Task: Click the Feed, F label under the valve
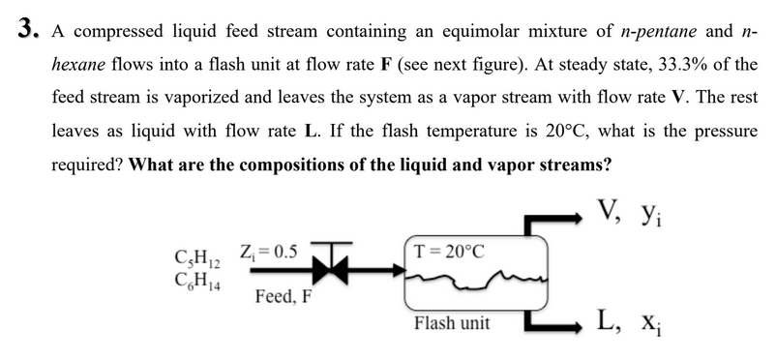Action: pos(284,296)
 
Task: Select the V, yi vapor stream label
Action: pos(628,207)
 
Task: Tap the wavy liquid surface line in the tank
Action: pos(474,281)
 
